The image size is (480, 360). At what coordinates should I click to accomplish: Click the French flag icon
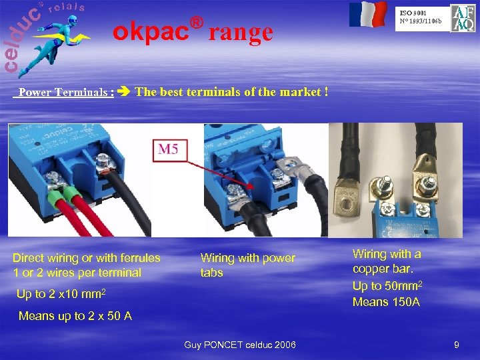[368, 14]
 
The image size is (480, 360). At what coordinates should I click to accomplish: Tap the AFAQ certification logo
[463, 18]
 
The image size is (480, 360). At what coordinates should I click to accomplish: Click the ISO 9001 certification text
[421, 17]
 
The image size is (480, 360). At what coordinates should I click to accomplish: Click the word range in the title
[241, 31]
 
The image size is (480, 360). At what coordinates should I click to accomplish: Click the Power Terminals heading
[66, 93]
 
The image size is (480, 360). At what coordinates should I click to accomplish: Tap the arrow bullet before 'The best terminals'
[125, 92]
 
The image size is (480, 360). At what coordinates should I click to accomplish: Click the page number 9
[456, 345]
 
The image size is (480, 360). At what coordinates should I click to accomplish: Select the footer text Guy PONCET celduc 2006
[240, 345]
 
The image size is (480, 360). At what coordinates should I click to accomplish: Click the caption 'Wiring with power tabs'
[247, 265]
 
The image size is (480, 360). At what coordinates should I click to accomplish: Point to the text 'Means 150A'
[386, 302]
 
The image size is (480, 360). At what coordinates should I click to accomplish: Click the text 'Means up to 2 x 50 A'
[75, 316]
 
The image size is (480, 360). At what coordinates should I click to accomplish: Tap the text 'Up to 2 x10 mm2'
[61, 294]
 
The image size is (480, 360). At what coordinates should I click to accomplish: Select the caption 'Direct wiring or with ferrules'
[87, 258]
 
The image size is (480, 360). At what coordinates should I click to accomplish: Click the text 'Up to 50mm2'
[386, 287]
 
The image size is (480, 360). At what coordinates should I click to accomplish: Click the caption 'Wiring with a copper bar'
[387, 261]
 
